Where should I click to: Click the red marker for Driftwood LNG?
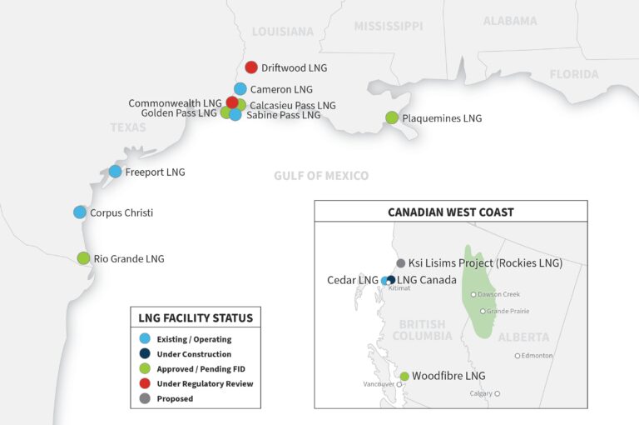(251, 67)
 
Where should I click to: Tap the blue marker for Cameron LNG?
(240, 89)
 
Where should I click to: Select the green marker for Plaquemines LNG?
(392, 118)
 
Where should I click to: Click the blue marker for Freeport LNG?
(115, 172)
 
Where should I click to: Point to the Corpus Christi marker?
(80, 212)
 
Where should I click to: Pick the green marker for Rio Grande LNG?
(83, 258)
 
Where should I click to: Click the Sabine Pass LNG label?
(283, 116)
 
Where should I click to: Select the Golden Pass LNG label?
(179, 113)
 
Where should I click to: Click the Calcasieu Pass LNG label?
(293, 106)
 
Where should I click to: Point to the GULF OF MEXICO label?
(320, 176)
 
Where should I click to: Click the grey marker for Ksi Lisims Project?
(401, 263)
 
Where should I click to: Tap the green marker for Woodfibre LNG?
(404, 377)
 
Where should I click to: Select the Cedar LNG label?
(353, 280)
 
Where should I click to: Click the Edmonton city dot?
(518, 356)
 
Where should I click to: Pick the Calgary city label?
(480, 393)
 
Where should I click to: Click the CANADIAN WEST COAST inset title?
(450, 212)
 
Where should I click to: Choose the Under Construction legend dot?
(145, 354)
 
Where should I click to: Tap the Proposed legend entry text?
(175, 399)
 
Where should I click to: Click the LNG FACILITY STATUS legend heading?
(196, 317)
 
